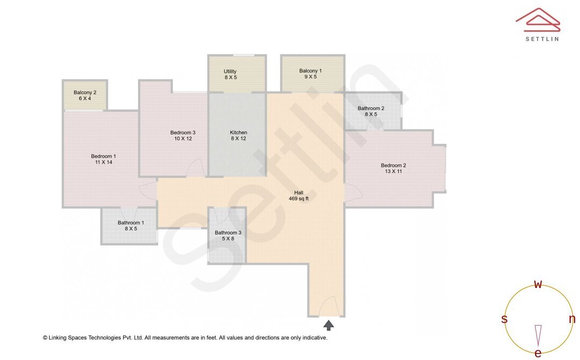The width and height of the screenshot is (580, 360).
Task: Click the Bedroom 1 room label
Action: coord(103,156)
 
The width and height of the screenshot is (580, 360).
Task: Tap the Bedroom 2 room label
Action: coord(393,165)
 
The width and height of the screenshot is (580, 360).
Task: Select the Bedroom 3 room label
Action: coord(183,133)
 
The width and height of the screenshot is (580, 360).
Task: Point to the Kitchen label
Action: coord(238,133)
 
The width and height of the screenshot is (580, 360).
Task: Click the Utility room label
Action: coord(230,71)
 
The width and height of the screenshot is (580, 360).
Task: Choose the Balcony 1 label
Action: coord(310,71)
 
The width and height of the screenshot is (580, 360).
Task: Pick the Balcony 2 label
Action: coord(85,92)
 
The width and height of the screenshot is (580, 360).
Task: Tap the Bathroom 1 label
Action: coord(130,223)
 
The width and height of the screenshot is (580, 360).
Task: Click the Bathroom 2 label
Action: coord(371,108)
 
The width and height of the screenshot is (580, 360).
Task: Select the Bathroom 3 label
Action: coord(228,233)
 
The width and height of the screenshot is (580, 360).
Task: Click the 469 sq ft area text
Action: coord(299,199)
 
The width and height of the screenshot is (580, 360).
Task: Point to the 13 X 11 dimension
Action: coord(393,171)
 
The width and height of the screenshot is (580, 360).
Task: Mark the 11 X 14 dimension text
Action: coord(103,162)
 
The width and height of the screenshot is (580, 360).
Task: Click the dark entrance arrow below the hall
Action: coord(328,325)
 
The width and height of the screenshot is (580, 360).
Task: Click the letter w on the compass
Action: coord(538,285)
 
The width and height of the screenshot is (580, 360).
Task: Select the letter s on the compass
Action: coord(504,319)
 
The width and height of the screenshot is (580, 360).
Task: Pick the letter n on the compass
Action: coord(572,319)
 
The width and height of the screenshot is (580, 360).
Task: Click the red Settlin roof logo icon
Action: coord(538,20)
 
